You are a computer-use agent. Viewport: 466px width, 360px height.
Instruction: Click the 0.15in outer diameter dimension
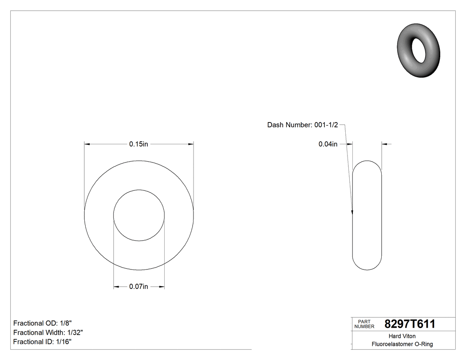tap(138, 144)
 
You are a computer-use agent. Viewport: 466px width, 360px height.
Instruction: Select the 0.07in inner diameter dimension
tap(138, 287)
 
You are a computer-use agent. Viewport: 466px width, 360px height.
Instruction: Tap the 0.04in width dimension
tap(328, 144)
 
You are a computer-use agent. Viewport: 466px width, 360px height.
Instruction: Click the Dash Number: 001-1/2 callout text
tap(303, 125)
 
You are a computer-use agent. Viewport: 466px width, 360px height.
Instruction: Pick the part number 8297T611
tap(410, 324)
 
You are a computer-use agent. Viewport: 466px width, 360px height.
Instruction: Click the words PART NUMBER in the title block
tap(364, 324)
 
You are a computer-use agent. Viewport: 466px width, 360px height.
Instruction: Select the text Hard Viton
tap(402, 336)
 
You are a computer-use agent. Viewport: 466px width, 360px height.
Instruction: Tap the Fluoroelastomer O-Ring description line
tap(402, 344)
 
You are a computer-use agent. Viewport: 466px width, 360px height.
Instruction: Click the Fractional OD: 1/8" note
tap(43, 323)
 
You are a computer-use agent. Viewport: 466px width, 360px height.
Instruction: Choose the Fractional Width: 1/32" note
tap(48, 332)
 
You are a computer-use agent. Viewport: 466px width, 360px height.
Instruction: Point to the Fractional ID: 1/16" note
tap(42, 342)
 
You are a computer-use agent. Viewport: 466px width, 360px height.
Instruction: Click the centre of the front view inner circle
tap(139, 216)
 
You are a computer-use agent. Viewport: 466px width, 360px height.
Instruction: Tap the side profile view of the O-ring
tap(367, 215)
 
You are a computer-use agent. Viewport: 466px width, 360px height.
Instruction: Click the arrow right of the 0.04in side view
tap(384, 144)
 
